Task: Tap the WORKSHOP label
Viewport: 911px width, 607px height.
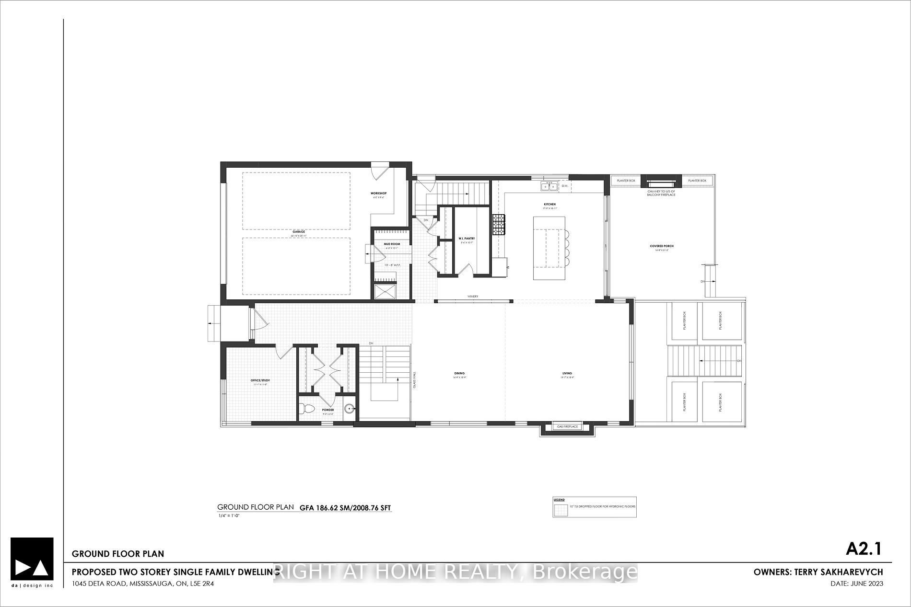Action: coord(378,194)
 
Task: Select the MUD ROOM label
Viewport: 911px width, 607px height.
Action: coord(392,244)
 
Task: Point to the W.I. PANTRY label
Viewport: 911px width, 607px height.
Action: coord(467,238)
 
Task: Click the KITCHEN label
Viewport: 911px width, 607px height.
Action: coord(549,204)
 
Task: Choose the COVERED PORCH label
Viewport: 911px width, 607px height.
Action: coord(662,246)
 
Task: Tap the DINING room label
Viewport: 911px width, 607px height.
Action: coord(459,374)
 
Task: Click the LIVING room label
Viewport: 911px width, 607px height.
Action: coord(567,374)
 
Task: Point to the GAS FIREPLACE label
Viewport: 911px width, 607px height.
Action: coord(568,426)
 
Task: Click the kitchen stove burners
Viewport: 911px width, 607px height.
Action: coord(499,224)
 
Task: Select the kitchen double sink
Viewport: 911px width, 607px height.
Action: coord(549,186)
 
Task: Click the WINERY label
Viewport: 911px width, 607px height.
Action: coord(473,297)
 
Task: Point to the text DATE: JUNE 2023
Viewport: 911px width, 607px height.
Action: coord(857,584)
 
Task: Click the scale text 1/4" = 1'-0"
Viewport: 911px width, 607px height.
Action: coord(228,516)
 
